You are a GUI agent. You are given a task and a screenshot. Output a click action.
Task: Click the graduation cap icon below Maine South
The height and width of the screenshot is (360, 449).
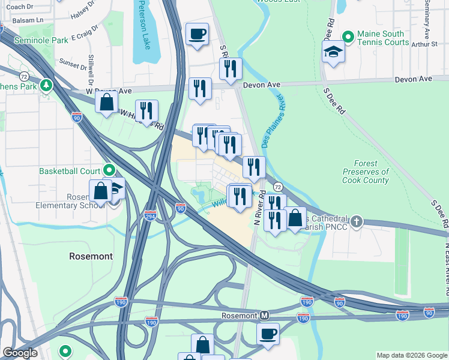pyautogui.click(x=333, y=53)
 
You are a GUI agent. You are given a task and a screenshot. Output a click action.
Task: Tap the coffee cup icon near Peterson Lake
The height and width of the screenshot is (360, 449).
pyautogui.click(x=197, y=34)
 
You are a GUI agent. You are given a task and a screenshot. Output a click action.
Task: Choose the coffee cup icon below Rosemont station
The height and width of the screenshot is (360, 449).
pyautogui.click(x=268, y=334)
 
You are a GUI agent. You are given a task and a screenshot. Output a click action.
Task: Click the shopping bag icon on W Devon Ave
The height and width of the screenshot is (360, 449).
pyautogui.click(x=106, y=103)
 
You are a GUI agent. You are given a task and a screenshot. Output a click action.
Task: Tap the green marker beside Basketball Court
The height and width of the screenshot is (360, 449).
pyautogui.click(x=109, y=171)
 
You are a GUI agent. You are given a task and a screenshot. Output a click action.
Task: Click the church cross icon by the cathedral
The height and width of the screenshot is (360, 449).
pyautogui.click(x=357, y=222)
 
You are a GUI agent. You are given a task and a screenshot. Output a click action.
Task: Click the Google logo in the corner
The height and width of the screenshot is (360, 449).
pyautogui.click(x=20, y=353)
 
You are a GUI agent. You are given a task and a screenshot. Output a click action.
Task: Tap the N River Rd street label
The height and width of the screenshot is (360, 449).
pyautogui.click(x=259, y=208)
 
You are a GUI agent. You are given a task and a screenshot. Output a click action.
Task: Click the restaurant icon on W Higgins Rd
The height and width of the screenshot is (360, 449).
pyautogui.click(x=146, y=111)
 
